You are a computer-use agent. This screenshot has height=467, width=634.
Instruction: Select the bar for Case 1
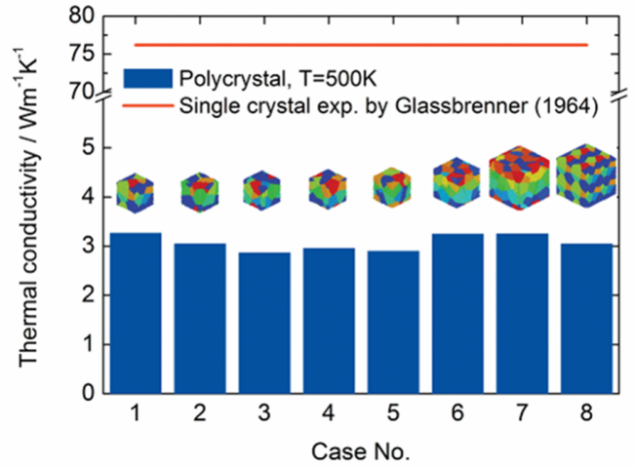coord(136,312)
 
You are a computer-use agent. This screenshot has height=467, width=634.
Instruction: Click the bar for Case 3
coord(264,323)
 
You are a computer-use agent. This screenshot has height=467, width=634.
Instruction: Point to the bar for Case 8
coord(586,318)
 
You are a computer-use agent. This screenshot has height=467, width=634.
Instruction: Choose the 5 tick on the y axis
coord(89,147)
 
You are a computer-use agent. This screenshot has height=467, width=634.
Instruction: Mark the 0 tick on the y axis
coord(89,394)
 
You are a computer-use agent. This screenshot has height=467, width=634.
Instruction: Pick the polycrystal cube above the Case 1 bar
coord(136,191)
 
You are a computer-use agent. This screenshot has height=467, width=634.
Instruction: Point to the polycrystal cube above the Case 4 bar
coord(329,189)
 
